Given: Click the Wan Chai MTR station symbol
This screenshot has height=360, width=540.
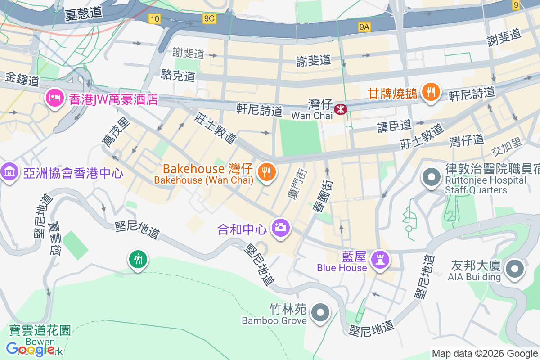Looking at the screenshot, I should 341,108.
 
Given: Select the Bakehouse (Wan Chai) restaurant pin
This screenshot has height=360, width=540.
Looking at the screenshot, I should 267,171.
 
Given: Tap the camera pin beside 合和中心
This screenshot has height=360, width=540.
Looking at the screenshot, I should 281,228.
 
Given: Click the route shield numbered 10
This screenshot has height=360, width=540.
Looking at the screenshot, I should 155,18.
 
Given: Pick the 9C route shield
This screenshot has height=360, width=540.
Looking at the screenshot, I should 209,18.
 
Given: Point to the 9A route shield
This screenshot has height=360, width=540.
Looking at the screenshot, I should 364,27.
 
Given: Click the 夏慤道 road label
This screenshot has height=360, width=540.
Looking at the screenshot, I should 83,13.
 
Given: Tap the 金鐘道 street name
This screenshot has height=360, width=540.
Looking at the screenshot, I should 22,80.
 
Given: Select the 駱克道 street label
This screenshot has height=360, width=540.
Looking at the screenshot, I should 178,75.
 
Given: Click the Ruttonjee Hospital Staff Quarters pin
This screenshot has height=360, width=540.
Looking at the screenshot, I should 432,177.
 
